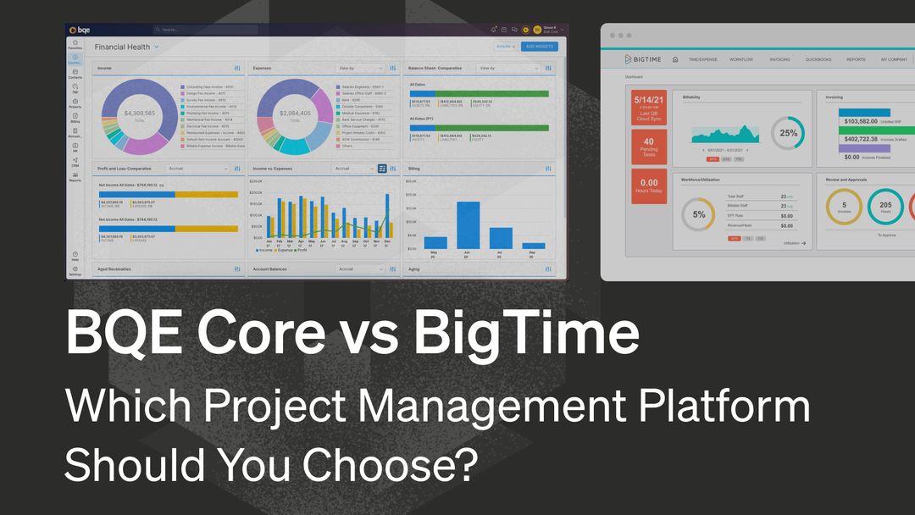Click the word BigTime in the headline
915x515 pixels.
pos(525,334)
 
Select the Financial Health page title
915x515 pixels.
pos(122,47)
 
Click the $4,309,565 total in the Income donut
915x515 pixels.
pos(140,114)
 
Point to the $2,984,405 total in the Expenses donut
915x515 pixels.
pos(295,114)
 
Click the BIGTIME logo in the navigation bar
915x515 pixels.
pos(642,59)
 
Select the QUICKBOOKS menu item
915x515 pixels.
pos(818,59)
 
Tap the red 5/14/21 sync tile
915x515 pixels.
pos(648,108)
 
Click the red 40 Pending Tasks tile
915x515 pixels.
pos(648,147)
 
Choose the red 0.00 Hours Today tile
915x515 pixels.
pos(648,186)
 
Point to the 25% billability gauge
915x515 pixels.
pos(788,133)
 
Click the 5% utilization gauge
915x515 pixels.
pos(699,214)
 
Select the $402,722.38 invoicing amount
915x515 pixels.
pos(861,138)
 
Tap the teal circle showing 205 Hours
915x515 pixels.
pos(885,206)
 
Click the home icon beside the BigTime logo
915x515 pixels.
pos(675,59)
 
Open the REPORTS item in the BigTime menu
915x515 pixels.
pos(856,59)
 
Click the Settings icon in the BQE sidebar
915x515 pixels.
pos(75,270)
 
